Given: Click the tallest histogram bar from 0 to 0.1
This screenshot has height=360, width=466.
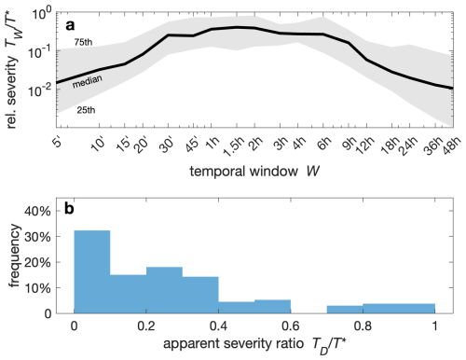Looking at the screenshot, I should click(x=92, y=271).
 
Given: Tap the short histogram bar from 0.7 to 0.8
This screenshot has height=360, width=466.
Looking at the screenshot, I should click(x=345, y=309).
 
